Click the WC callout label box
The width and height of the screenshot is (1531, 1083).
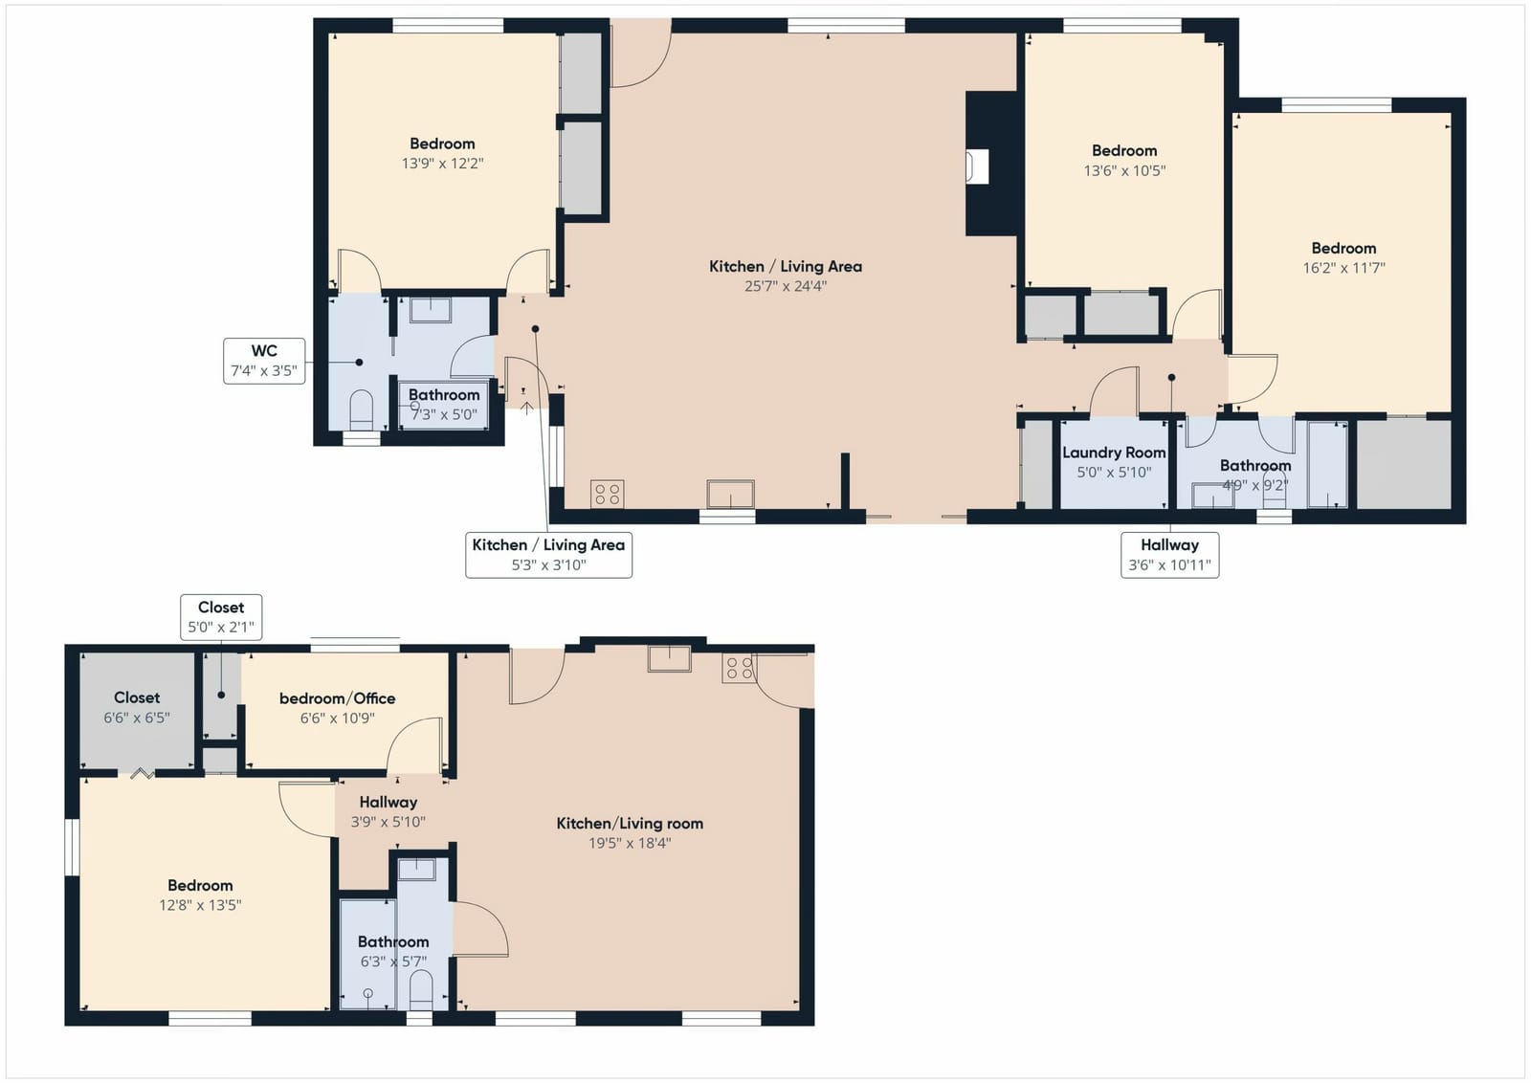(x=264, y=361)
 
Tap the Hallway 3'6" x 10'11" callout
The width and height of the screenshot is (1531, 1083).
(x=1169, y=555)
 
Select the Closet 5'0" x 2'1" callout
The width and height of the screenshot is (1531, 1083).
(x=221, y=617)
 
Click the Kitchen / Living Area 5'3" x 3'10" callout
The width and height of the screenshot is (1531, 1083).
(x=549, y=555)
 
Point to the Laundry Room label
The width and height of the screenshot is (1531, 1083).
(x=1114, y=453)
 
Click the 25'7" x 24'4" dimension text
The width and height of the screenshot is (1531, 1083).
(x=786, y=286)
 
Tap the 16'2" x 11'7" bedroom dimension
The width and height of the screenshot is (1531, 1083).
(x=1343, y=268)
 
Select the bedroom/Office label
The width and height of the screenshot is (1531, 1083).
(x=338, y=698)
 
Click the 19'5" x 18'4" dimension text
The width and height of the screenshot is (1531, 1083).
(x=630, y=843)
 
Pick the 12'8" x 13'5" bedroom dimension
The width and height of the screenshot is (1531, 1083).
(x=200, y=905)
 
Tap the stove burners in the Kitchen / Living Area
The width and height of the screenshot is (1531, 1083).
(x=607, y=494)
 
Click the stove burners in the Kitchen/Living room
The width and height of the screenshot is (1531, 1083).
(x=739, y=668)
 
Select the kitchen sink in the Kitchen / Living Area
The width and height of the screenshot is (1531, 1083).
(x=731, y=494)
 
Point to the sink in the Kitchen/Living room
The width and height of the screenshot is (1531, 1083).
(x=670, y=658)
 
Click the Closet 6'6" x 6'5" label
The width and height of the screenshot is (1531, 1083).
(x=137, y=707)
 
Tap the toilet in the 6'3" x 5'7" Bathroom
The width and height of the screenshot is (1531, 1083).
(x=421, y=990)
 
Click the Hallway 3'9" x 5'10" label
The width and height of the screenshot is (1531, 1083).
(x=388, y=811)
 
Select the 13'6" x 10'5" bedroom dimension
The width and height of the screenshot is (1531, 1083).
(x=1124, y=170)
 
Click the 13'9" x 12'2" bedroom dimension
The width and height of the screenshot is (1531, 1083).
(x=443, y=164)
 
